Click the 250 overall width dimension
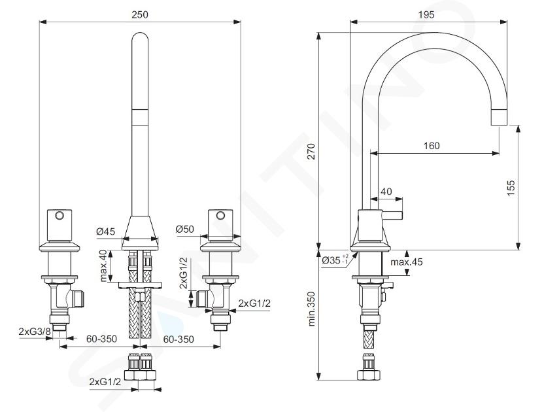(140, 14)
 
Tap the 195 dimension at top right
(426, 14)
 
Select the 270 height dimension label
(311, 151)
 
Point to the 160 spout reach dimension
(432, 145)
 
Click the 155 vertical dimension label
(511, 188)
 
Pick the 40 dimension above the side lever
(386, 192)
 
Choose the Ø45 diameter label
(105, 231)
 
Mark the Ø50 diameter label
(185, 229)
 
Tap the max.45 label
(407, 262)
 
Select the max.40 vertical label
(104, 266)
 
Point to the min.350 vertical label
(311, 309)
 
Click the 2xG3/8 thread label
(35, 332)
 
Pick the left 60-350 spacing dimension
(101, 338)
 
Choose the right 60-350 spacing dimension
(178, 339)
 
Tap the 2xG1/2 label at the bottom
(105, 382)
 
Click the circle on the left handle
(59, 216)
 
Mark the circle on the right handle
(220, 216)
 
